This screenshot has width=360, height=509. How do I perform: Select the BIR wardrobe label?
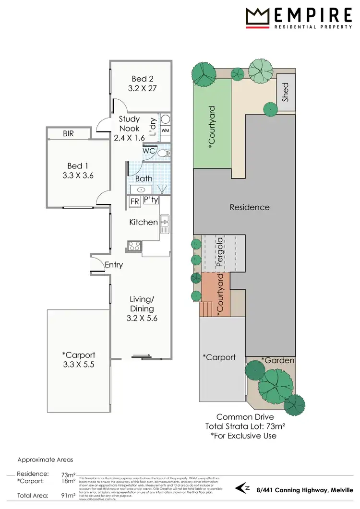coord(69,134)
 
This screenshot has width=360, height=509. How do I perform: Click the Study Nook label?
coord(129,123)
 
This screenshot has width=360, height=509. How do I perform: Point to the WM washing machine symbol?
coord(165,130)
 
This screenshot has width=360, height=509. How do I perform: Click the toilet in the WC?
coord(164,153)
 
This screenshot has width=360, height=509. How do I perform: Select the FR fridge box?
coord(135,201)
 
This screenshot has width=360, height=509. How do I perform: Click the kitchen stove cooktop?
coord(134,247)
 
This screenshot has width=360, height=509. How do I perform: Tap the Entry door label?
coord(114,265)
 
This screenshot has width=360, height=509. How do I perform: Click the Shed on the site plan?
coord(286,92)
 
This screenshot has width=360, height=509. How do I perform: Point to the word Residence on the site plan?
coord(249,207)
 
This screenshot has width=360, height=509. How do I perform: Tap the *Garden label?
coord(278,360)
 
